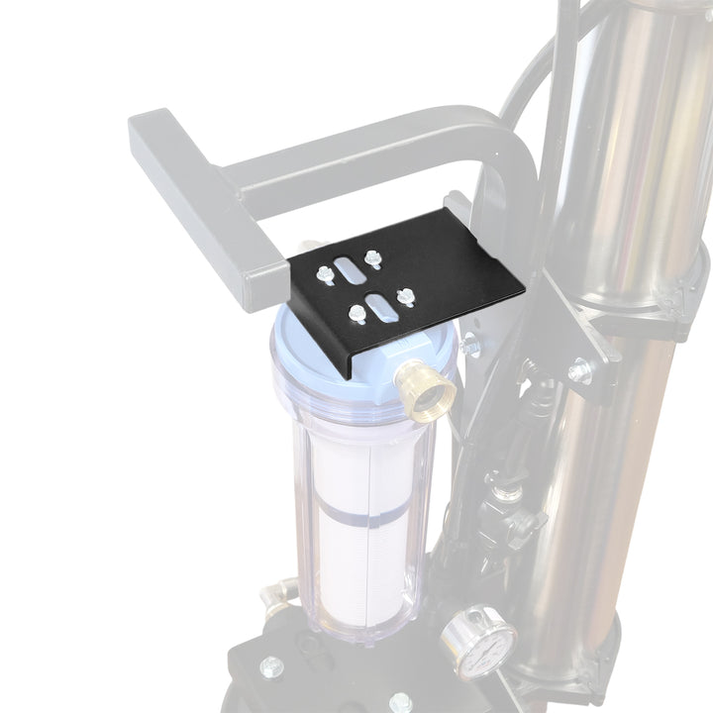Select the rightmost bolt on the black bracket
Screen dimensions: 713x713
click(x=403, y=295)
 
